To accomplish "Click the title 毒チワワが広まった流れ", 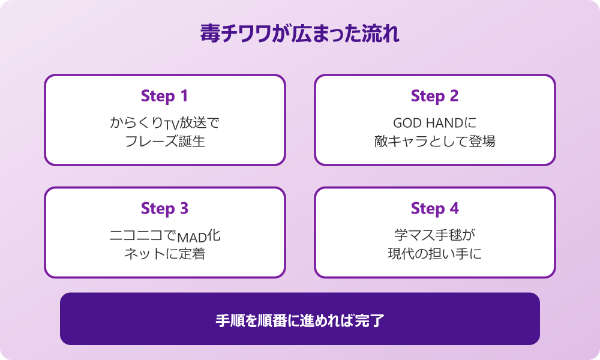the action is pyautogui.click(x=299, y=34).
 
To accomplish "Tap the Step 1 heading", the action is pyautogui.click(x=164, y=96).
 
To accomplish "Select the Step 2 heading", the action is pyautogui.click(x=434, y=96).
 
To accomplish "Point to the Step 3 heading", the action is pyautogui.click(x=164, y=209).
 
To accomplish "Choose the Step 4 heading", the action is pyautogui.click(x=434, y=209).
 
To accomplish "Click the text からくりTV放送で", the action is pyautogui.click(x=164, y=123).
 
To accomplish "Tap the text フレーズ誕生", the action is pyautogui.click(x=165, y=141).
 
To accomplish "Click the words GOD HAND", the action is pyautogui.click(x=428, y=123).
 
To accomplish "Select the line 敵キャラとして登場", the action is pyautogui.click(x=434, y=141).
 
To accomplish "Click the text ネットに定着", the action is pyautogui.click(x=164, y=254).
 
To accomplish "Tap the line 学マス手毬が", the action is pyautogui.click(x=434, y=235).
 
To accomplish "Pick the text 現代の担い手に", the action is pyautogui.click(x=434, y=254).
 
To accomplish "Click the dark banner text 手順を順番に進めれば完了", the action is pyautogui.click(x=299, y=320).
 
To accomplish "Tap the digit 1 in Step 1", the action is pyautogui.click(x=184, y=95).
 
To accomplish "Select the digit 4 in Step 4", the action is pyautogui.click(x=454, y=208).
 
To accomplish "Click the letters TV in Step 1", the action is pyautogui.click(x=172, y=125).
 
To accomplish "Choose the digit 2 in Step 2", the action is pyautogui.click(x=454, y=95).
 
